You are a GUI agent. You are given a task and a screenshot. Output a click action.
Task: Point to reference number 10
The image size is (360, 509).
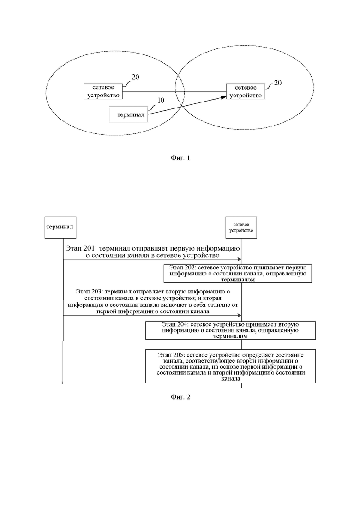tap(161, 100)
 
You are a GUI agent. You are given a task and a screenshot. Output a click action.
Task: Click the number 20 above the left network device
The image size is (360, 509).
tap(135, 77)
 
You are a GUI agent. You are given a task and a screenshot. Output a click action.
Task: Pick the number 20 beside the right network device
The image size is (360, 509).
tap(277, 83)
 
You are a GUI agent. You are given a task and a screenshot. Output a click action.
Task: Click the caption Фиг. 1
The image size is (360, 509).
tap(180, 158)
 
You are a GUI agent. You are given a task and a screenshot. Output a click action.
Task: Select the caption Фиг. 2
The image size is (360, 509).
tap(180, 397)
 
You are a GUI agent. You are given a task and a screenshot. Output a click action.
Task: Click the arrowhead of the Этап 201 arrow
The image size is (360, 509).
tap(240, 259)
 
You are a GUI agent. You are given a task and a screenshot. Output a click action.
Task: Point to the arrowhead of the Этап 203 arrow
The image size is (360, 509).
tap(240, 315)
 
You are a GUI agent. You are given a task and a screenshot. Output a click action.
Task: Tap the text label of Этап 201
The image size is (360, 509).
tap(153, 252)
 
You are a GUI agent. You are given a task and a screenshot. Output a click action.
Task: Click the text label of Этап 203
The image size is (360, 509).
tap(153, 301)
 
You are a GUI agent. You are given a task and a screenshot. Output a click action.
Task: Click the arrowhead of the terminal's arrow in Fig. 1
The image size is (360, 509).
tap(224, 97)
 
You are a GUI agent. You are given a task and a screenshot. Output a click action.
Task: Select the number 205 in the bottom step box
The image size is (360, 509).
tap(180, 355)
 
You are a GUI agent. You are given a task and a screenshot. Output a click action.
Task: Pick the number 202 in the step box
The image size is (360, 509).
tap(189, 268)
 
